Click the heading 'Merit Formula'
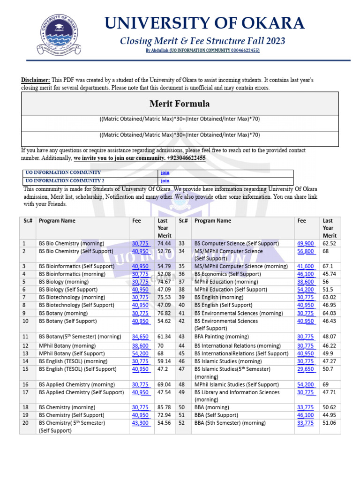pos(180,104)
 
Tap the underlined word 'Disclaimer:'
pos(36,80)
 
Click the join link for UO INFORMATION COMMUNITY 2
pos(165,180)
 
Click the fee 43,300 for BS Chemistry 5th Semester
pos(141,423)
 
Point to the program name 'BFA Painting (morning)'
pos(222,337)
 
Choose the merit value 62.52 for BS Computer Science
pos(330,243)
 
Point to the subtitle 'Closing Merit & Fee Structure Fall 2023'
pos(202,41)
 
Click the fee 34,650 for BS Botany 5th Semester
pos(141,337)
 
